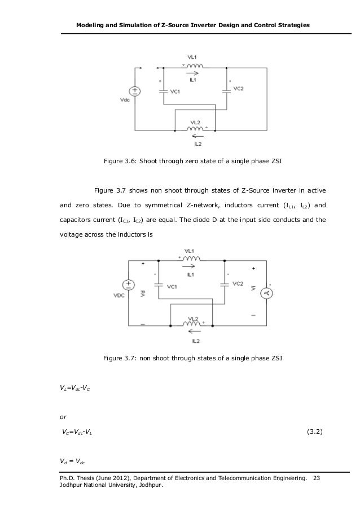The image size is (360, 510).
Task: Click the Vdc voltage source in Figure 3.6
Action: pyautogui.click(x=136, y=91)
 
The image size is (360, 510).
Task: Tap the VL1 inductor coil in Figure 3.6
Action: pyautogui.click(x=193, y=67)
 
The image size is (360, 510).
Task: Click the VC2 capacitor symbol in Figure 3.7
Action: pyautogui.click(x=225, y=285)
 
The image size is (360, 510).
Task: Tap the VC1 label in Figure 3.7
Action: pyautogui.click(x=173, y=286)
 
